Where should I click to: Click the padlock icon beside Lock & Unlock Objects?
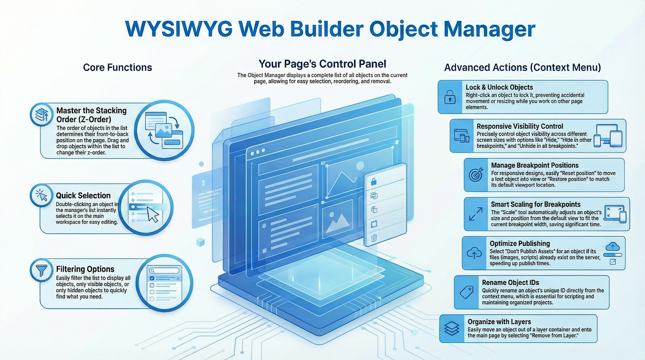(450, 97)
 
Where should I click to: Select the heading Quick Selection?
(83, 195)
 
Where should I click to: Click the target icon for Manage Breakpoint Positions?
(476, 175)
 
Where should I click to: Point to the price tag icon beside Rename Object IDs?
(466, 292)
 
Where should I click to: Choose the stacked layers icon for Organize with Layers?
(451, 328)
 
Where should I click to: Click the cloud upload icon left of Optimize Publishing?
(474, 253)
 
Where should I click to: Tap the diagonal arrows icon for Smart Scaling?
(476, 214)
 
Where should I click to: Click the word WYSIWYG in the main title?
(178, 29)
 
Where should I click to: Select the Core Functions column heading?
(117, 67)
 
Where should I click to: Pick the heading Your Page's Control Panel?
(322, 64)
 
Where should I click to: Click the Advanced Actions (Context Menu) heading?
(522, 67)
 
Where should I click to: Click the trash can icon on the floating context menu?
(374, 238)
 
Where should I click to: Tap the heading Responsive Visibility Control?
(520, 126)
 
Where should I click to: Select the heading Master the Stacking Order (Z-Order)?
(91, 115)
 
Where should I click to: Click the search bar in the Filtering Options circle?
(164, 271)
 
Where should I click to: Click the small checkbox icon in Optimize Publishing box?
(613, 262)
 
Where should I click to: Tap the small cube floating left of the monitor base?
(200, 242)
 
